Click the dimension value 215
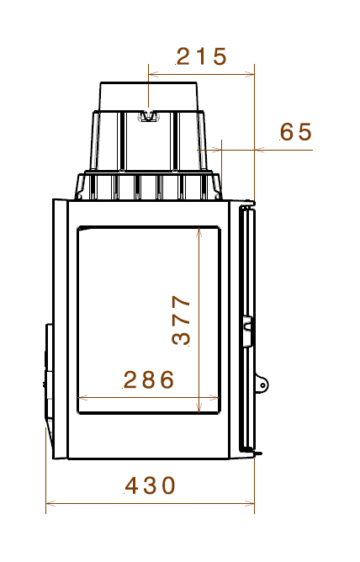(x=201, y=57)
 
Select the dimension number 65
(x=295, y=132)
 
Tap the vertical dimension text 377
(x=181, y=320)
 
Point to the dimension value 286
(x=149, y=379)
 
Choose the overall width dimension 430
(x=151, y=485)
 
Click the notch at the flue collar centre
(x=149, y=116)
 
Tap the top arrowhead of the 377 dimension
(x=198, y=231)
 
